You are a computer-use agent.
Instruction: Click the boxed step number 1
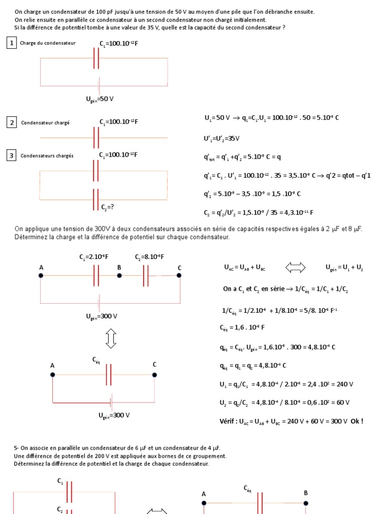[x=11, y=43]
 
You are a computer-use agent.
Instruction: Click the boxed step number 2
[x=11, y=122]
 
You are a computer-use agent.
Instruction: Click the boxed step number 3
[x=11, y=156]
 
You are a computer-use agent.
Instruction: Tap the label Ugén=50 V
[x=100, y=99]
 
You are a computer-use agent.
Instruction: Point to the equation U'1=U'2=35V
[x=221, y=139]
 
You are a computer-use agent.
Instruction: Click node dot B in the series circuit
[x=120, y=275]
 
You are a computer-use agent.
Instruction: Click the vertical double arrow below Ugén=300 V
[x=111, y=339]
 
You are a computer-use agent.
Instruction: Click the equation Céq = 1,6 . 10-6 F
[x=242, y=328]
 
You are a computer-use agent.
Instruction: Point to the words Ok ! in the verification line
[x=356, y=421]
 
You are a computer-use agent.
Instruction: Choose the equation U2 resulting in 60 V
[x=284, y=403]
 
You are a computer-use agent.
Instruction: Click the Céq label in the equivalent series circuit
[x=96, y=359]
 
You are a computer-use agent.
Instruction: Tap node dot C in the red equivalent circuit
[x=154, y=374]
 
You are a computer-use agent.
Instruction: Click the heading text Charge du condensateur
[x=48, y=43]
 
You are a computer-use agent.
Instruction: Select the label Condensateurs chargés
[x=47, y=156]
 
